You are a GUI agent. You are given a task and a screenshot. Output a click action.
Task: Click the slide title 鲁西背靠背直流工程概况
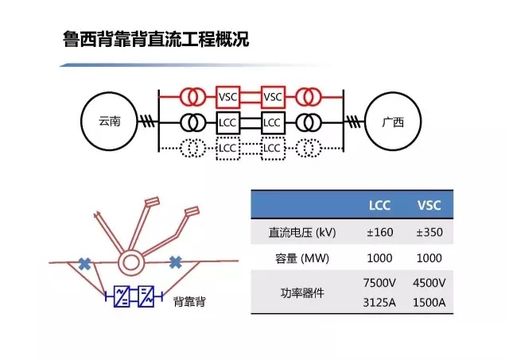[x=156, y=39]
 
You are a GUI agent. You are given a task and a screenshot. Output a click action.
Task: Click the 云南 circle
[x=111, y=122]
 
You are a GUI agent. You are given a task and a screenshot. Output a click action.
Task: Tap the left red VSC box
[x=227, y=97]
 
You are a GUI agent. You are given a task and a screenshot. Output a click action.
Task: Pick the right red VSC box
[x=273, y=97]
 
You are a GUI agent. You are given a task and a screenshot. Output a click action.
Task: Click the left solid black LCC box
[x=227, y=122]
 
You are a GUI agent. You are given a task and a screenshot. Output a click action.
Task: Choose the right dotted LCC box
[x=273, y=148]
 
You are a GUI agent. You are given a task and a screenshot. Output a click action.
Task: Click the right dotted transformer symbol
[x=309, y=148]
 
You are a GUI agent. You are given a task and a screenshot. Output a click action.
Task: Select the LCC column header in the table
[x=380, y=207]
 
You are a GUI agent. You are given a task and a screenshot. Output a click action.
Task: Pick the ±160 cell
[x=380, y=234]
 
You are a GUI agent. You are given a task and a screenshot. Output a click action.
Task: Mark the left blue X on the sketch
[x=83, y=261]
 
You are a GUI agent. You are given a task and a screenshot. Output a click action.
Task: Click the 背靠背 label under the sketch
[x=191, y=303]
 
